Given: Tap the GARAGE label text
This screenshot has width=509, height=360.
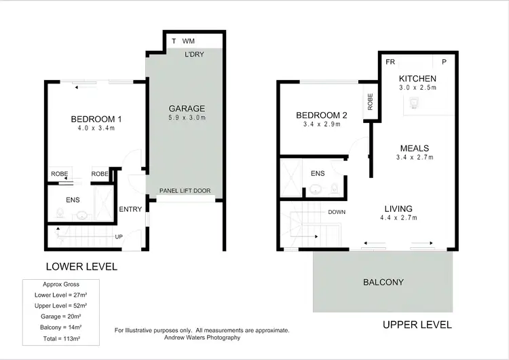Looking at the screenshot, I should (186, 109).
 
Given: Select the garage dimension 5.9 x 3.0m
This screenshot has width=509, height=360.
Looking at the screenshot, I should (186, 118).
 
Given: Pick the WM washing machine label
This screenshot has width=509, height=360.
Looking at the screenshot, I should (189, 41).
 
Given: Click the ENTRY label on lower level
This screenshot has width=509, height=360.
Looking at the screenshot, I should (130, 209).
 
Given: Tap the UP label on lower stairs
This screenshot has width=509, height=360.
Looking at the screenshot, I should (119, 237).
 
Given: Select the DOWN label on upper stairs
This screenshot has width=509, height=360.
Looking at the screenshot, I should (337, 212).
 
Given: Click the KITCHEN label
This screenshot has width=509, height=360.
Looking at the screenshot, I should (417, 78).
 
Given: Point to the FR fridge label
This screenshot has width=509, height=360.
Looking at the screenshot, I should (390, 61).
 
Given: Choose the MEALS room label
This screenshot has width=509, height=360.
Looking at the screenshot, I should (414, 148).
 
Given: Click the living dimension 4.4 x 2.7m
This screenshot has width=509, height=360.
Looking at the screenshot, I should (398, 218).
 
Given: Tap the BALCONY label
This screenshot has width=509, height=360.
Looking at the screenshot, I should (383, 282).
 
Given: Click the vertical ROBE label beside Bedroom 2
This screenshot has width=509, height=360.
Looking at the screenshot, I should (370, 103).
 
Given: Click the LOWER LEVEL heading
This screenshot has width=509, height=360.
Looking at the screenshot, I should (81, 266).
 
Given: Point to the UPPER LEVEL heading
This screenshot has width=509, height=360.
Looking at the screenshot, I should (417, 325).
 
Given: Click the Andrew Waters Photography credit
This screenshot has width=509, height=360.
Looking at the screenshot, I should (202, 338).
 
